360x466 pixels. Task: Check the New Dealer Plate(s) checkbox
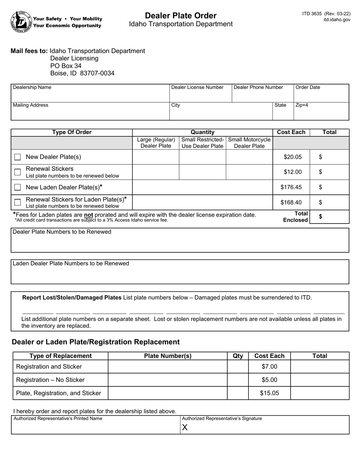point(17,157)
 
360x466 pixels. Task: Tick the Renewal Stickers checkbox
point(17,172)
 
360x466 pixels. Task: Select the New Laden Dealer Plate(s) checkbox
point(17,187)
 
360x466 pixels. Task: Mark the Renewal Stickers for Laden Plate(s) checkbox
point(17,202)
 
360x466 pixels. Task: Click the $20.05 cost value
point(293,157)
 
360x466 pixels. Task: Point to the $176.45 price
point(291,187)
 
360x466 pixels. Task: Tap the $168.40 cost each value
point(291,202)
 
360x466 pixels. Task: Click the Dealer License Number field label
point(197,88)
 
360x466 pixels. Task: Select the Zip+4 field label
point(302,105)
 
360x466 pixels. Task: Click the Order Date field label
point(308,88)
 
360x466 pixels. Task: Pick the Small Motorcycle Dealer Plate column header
point(249,143)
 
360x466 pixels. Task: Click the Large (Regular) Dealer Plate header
point(156,143)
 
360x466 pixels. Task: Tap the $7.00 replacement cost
point(269,367)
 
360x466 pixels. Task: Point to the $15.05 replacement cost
point(269,393)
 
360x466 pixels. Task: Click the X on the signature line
point(185,428)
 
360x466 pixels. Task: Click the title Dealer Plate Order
point(181,16)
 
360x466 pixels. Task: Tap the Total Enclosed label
point(296,217)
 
